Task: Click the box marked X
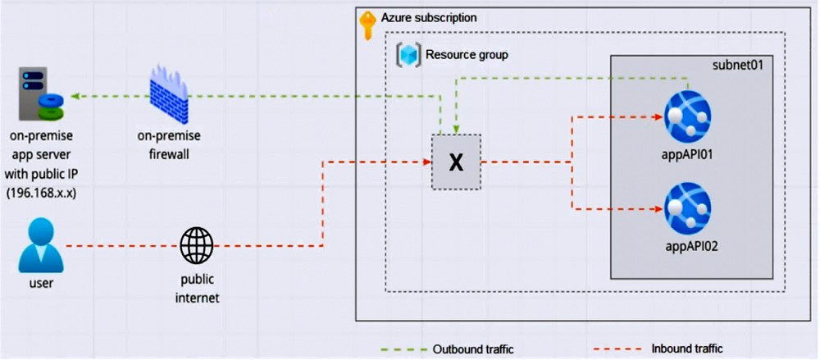(x=457, y=162)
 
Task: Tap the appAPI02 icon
(x=687, y=208)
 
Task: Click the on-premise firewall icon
(x=170, y=96)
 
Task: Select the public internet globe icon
(x=197, y=244)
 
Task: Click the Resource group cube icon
(x=408, y=56)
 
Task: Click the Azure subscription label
(x=428, y=17)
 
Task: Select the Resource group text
(x=467, y=56)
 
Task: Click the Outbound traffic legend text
(x=472, y=349)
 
